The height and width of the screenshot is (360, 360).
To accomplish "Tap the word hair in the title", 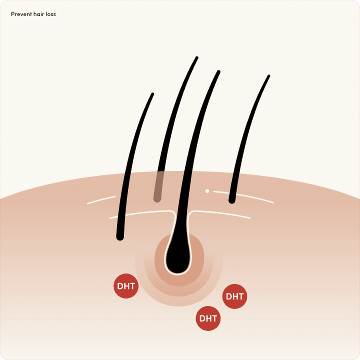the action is (x=39, y=14).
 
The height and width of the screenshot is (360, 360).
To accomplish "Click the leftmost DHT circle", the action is (x=126, y=286).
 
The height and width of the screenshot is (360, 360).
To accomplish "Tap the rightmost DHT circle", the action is (x=234, y=296).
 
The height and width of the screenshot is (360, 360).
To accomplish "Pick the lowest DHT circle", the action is (x=208, y=318).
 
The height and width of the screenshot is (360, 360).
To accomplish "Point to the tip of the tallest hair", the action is (x=196, y=58).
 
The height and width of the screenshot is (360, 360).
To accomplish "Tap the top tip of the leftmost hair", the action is (x=152, y=94).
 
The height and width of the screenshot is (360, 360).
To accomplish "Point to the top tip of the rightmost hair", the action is (x=268, y=76).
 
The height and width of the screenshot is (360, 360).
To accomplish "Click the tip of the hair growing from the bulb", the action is (x=218, y=72).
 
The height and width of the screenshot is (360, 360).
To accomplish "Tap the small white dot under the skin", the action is (x=207, y=190).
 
